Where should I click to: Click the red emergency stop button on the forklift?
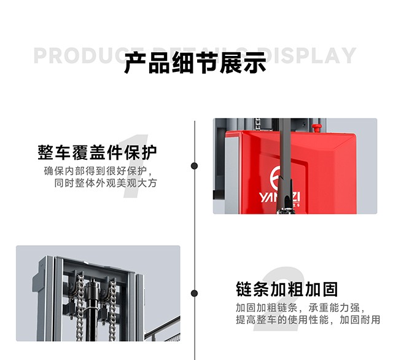317,128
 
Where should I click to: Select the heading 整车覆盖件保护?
97,152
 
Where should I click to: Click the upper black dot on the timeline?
195,166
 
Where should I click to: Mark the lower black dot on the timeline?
195,294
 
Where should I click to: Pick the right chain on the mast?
112,307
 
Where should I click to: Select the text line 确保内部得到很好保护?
97,171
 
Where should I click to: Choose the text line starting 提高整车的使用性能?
308,319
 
